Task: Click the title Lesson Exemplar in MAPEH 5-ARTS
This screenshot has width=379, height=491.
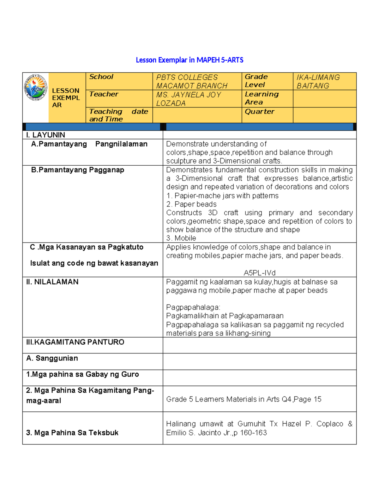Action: [189, 60]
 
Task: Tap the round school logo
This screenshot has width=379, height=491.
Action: [36, 88]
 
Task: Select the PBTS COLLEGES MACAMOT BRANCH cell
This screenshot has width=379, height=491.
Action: [191, 82]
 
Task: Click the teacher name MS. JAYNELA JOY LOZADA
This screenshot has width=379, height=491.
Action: [189, 99]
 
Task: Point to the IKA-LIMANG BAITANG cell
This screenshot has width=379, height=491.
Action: [318, 82]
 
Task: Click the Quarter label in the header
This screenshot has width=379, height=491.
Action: [259, 112]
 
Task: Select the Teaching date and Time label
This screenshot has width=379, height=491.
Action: [118, 115]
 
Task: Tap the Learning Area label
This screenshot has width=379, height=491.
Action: [262, 98]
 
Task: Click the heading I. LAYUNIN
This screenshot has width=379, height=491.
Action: [45, 135]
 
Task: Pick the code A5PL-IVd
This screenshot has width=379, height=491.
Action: [260, 273]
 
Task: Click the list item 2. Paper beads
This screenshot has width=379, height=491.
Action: [191, 204]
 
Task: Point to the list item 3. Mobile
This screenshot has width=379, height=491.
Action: [181, 238]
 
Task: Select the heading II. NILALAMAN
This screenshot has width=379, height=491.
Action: [52, 282]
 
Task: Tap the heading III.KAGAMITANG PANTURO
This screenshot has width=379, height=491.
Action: [75, 342]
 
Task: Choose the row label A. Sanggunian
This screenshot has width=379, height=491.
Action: [52, 358]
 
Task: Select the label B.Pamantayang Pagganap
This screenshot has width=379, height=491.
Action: [77, 170]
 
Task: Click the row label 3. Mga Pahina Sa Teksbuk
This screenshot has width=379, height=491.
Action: [72, 433]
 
